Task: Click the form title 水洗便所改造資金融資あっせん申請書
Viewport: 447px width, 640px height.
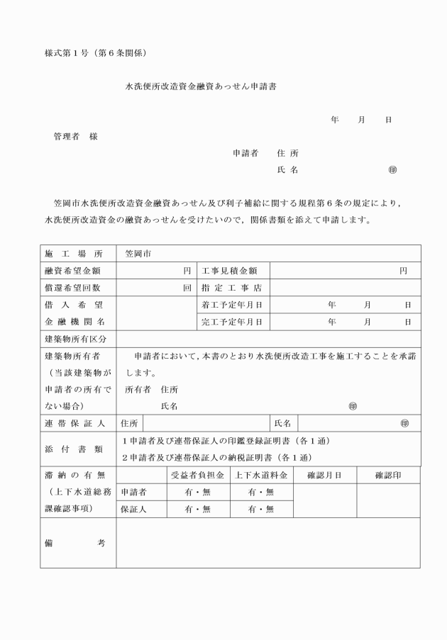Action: [x=201, y=86]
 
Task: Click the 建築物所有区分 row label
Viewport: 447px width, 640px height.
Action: [x=77, y=339]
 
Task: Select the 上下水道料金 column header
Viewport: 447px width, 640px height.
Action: [x=260, y=475]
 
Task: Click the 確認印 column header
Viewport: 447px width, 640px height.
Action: [x=388, y=475]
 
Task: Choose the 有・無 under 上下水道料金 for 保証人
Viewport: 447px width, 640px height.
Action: [x=260, y=509]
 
